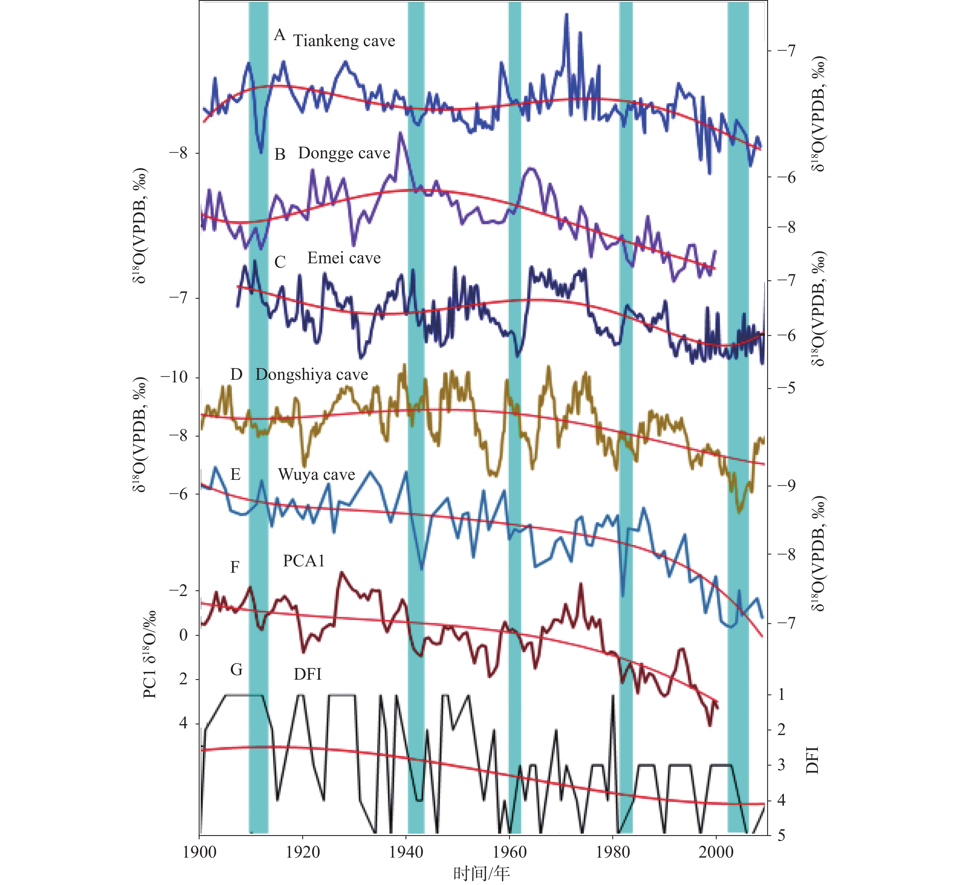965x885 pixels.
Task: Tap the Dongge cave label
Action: [x=344, y=153]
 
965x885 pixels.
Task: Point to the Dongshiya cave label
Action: [x=311, y=375]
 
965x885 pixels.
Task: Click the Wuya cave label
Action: [x=316, y=475]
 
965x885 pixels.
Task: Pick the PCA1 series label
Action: [x=304, y=561]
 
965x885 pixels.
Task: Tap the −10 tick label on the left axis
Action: [x=174, y=377]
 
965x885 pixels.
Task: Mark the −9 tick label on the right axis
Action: [x=786, y=486]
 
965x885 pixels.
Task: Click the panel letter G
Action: [x=236, y=670]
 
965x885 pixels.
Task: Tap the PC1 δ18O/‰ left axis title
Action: [x=150, y=654]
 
